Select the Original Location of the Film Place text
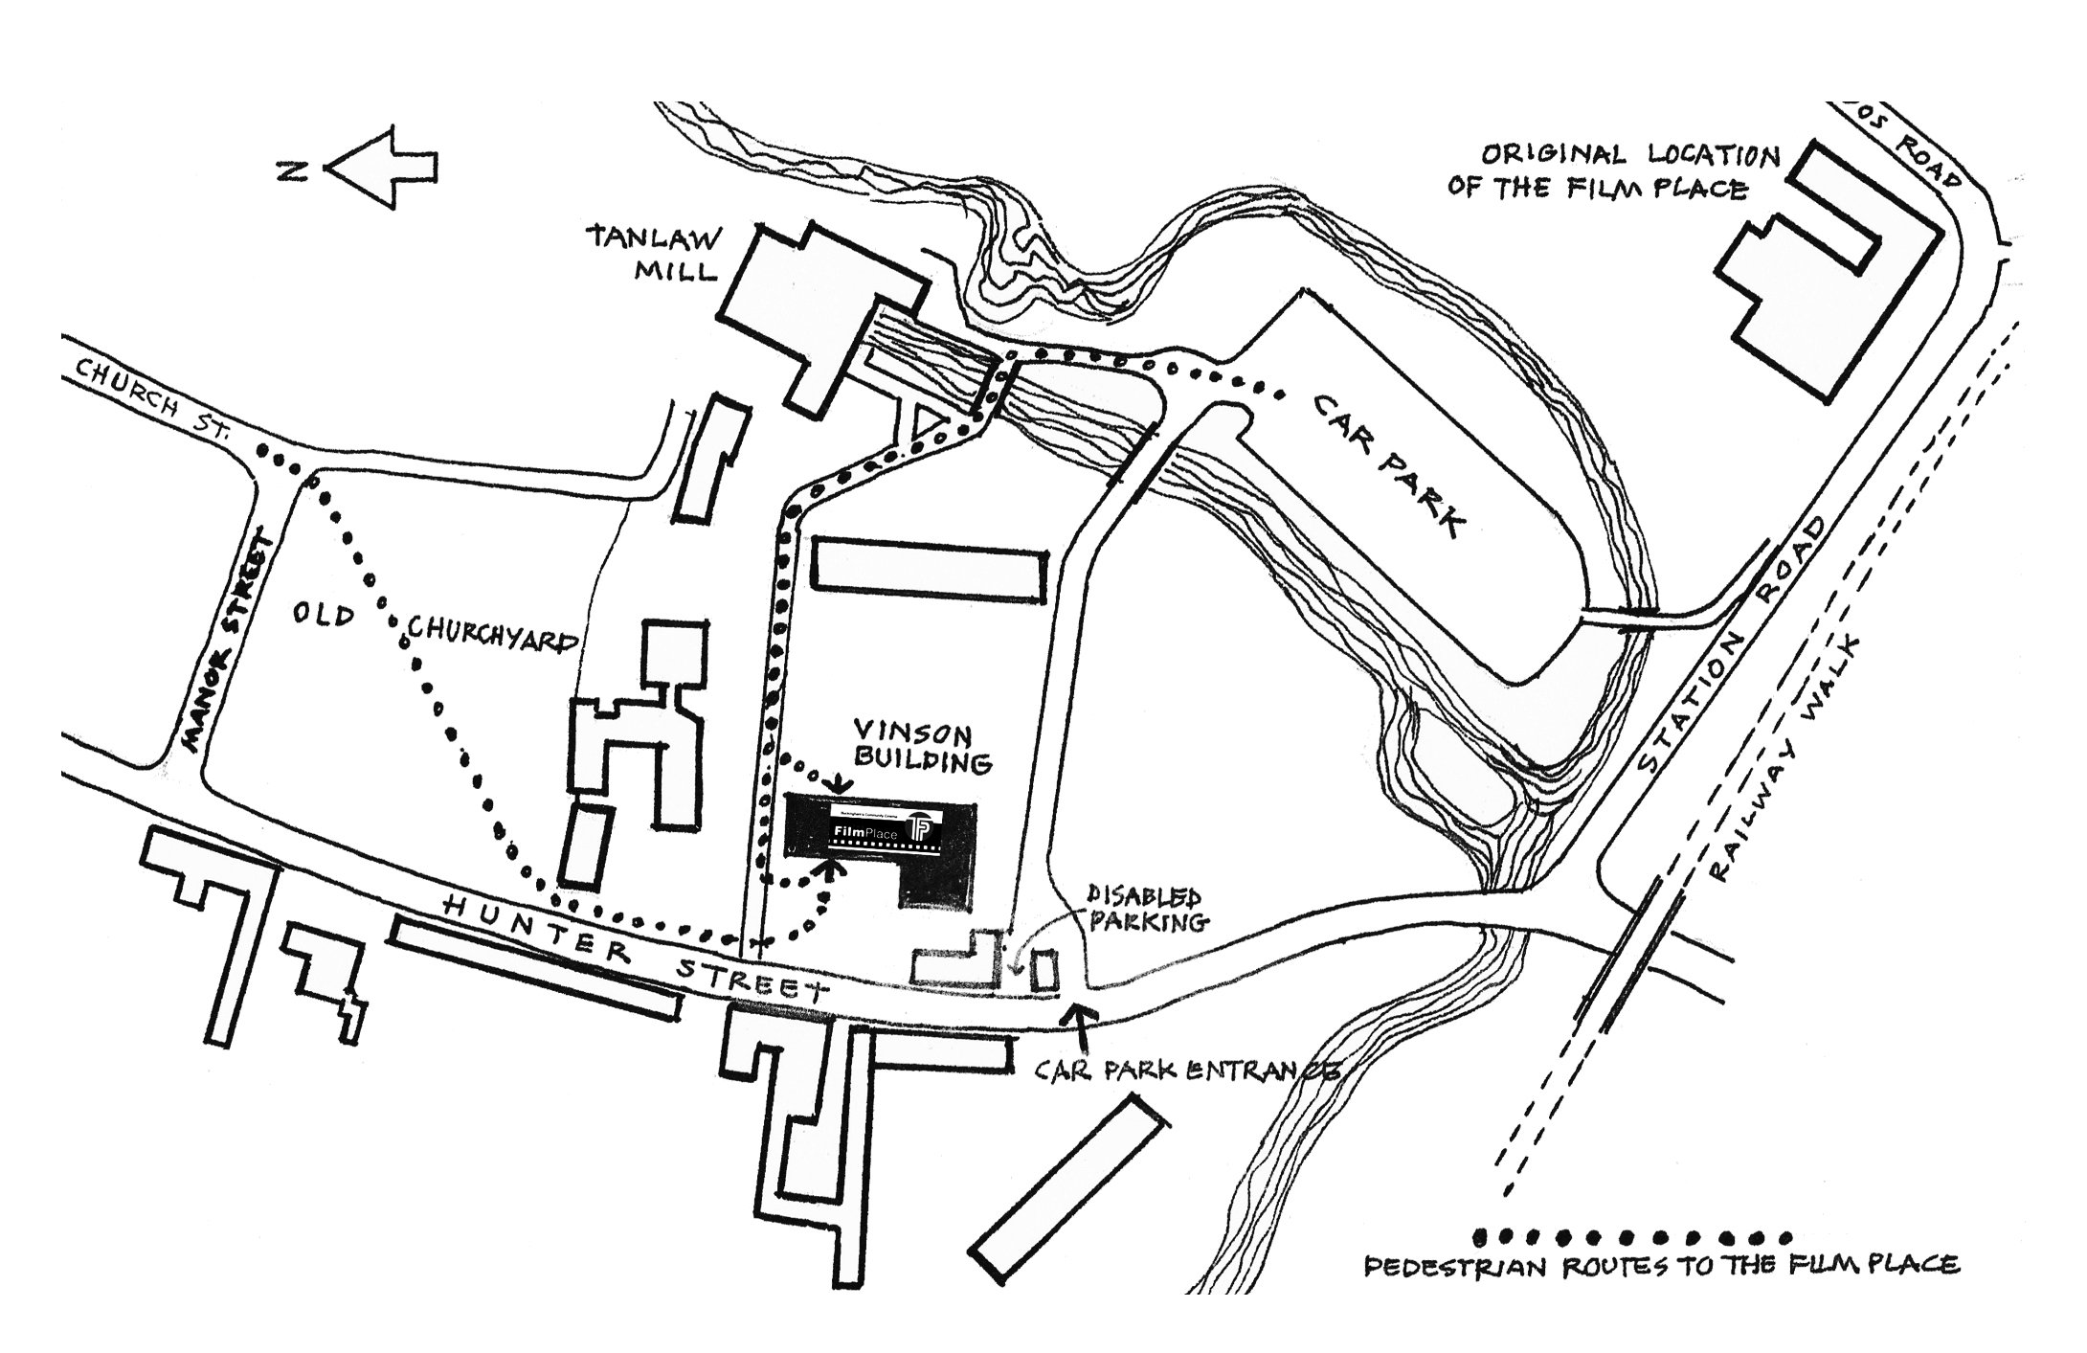1609,171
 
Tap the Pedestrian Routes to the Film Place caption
1661,1267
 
